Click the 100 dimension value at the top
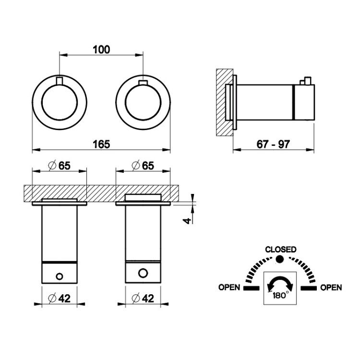pos(101,49)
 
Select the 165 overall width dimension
pos(101,144)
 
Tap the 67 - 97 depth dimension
pos(273,144)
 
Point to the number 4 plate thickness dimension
pos(187,221)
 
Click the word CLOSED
pos(281,249)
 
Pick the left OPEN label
pos(229,287)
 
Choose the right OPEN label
pos(331,287)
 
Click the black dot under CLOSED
pos(280,259)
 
